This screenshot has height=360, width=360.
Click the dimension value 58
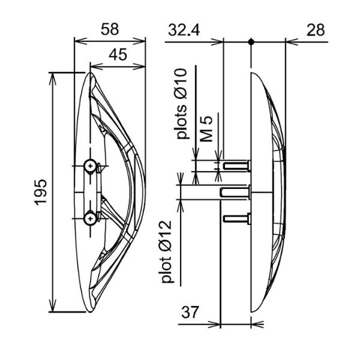coord(110,29)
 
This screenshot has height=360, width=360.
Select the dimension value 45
coord(118,55)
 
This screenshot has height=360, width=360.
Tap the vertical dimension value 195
coord(41,192)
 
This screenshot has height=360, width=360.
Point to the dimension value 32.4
coord(184,30)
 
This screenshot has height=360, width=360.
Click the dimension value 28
coord(316,30)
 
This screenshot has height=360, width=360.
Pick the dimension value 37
coord(190,312)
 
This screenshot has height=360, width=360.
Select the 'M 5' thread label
coord(206,129)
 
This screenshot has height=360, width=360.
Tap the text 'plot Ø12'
coord(167,252)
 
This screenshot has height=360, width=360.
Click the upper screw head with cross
coord(90,166)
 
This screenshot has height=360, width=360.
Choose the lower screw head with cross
coord(90,218)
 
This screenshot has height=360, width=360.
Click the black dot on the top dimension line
coord(251,42)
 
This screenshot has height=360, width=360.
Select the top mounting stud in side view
coord(236,166)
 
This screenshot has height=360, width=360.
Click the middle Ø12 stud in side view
coord(235,192)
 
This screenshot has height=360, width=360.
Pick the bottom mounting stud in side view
coord(236,218)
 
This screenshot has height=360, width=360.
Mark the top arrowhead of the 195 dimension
coord(53,79)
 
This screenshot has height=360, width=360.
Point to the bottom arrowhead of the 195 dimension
coord(53,306)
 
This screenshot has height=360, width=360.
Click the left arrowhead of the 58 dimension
coord(80,41)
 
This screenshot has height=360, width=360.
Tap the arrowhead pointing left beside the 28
coord(292,42)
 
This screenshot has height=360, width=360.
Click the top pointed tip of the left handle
coord(91,73)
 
